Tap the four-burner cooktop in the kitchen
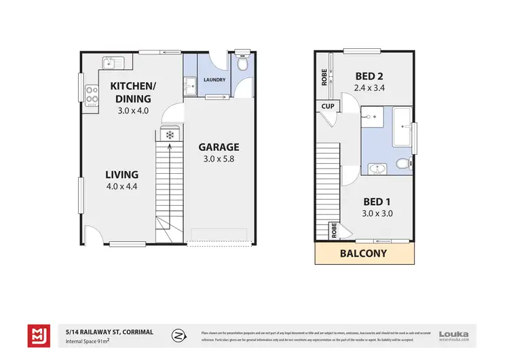pyautogui.click(x=90, y=100)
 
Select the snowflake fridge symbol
pyautogui.click(x=170, y=136)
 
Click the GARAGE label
pyautogui.click(x=218, y=147)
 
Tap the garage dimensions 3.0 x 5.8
pyautogui.click(x=218, y=160)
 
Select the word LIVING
pyautogui.click(x=121, y=174)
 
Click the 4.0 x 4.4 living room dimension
pyautogui.click(x=121, y=187)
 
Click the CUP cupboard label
pyautogui.click(x=327, y=107)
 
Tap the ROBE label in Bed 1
pyautogui.click(x=333, y=230)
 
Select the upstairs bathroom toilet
pyautogui.click(x=402, y=163)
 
